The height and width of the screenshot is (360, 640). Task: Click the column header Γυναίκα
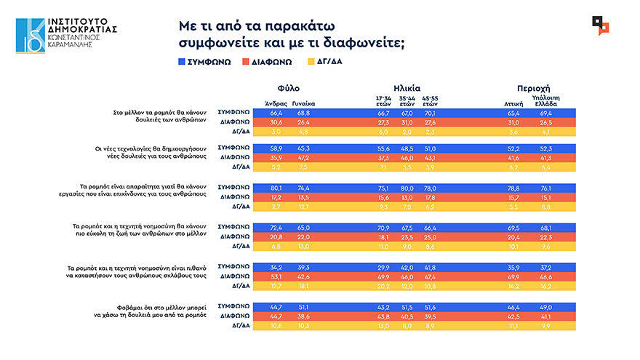tap(303, 103)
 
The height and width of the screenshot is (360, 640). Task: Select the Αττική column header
tap(514, 103)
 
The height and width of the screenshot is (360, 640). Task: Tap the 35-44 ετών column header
tap(407, 100)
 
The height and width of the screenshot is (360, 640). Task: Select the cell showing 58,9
tap(276, 148)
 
